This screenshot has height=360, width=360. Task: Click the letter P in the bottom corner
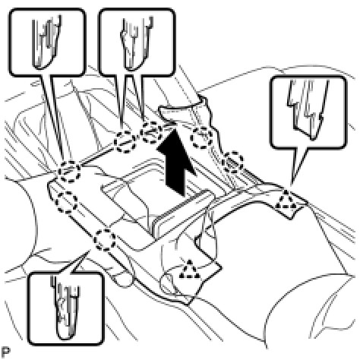pos(5,352)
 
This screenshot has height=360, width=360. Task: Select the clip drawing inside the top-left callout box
pos(47,43)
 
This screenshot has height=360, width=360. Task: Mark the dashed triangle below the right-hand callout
pos(286,200)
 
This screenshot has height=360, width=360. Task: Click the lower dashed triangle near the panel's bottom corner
pos(189,269)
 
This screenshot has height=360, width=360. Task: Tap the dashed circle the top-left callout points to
pos(69,172)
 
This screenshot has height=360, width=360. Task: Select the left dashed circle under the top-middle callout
pos(125,142)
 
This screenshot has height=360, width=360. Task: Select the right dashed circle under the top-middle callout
pos(151,132)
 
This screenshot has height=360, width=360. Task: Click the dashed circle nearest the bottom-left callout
pos(105,239)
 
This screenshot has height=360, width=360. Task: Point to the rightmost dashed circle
pos(232,163)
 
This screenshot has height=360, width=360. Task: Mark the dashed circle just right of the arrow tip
pos(201,138)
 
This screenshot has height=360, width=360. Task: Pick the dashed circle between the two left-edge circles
pos(66,202)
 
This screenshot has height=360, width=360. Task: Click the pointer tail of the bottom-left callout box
pos(78,262)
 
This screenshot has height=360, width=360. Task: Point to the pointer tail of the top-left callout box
pos(54,116)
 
